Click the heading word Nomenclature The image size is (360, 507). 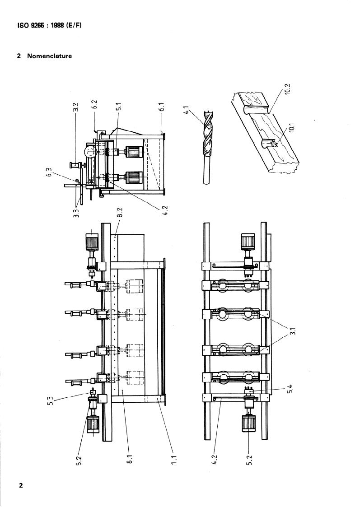tap(50, 56)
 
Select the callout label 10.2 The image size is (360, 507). tap(288, 88)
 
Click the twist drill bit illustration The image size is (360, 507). tap(207, 147)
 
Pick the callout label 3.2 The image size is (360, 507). tap(75, 107)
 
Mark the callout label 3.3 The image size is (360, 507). tap(76, 213)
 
